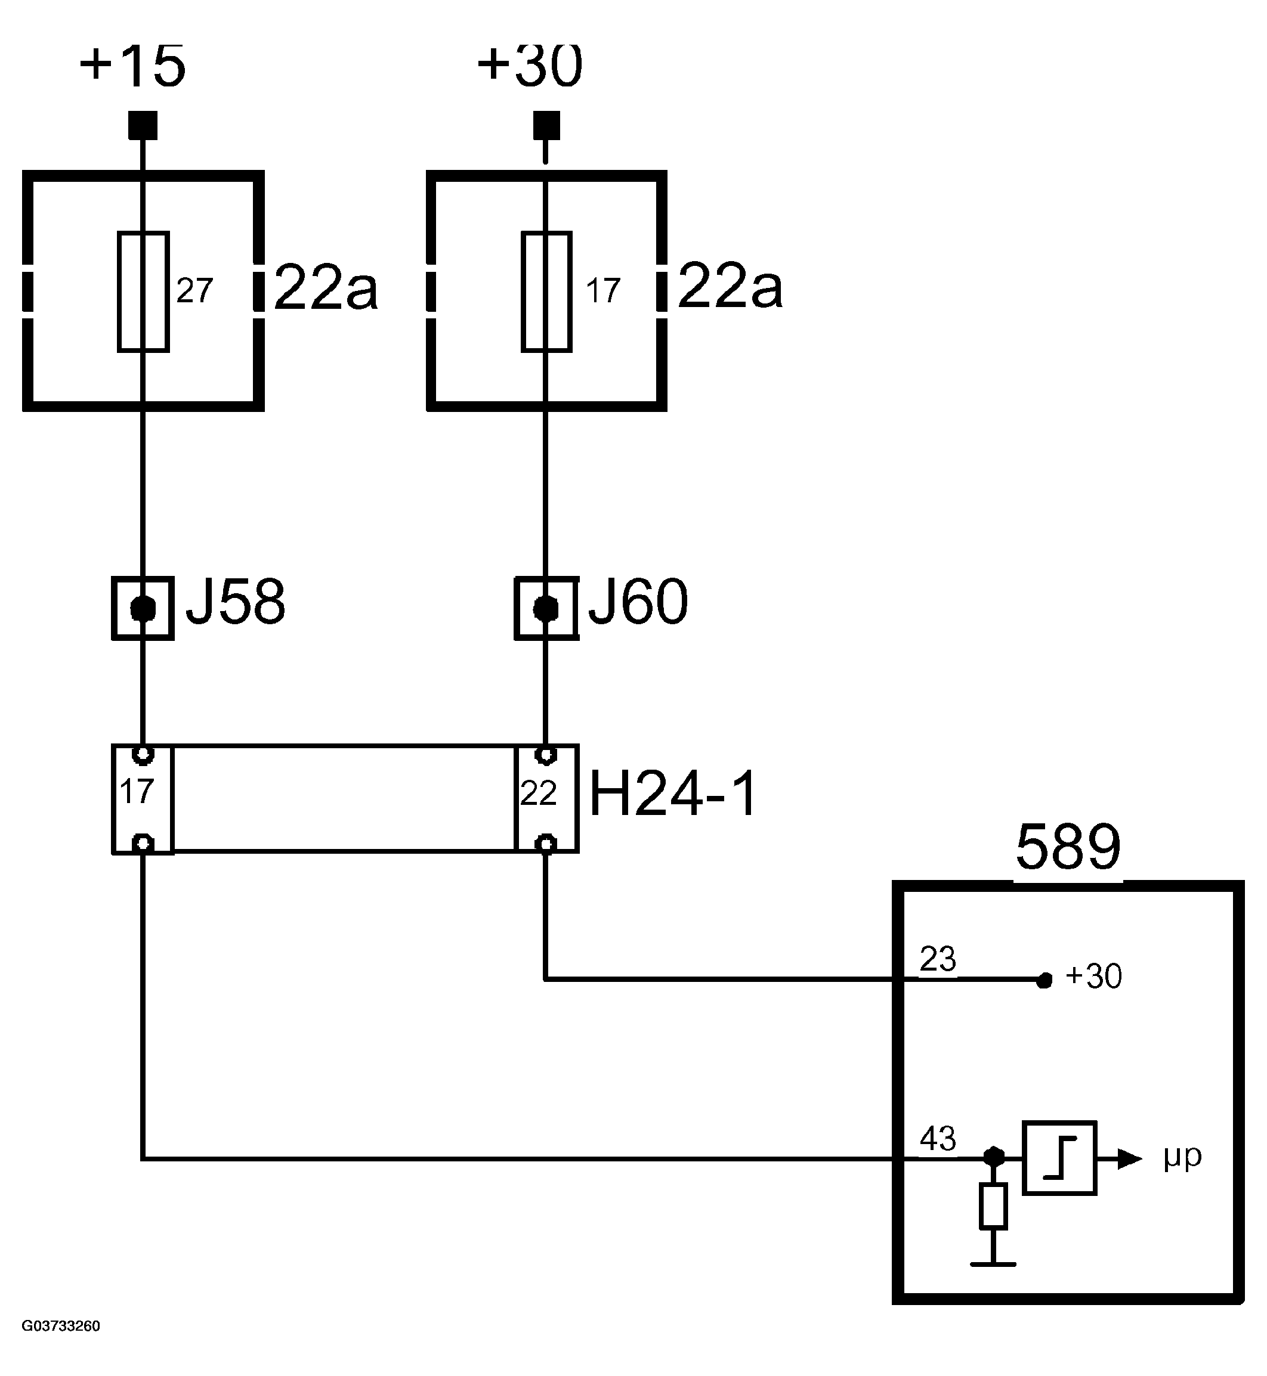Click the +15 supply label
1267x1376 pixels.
pyautogui.click(x=132, y=66)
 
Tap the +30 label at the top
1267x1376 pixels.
pyautogui.click(x=530, y=66)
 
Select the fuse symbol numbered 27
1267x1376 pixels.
pyautogui.click(x=143, y=292)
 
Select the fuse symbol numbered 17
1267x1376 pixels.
pyautogui.click(x=546, y=292)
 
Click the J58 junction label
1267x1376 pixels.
pyautogui.click(x=235, y=602)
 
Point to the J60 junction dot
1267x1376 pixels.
pyautogui.click(x=546, y=609)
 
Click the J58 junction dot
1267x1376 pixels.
pyautogui.click(x=143, y=609)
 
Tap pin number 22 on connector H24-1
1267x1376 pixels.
pyautogui.click(x=538, y=794)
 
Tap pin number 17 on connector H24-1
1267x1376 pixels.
pyautogui.click(x=136, y=792)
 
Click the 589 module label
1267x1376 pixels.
pyautogui.click(x=1068, y=848)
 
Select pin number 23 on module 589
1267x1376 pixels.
pyautogui.click(x=937, y=959)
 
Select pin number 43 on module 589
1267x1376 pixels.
pyautogui.click(x=937, y=1139)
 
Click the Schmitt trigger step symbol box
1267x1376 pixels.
pyautogui.click(x=1059, y=1158)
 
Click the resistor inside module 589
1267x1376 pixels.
pyautogui.click(x=993, y=1205)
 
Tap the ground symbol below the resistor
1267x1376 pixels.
pyautogui.click(x=993, y=1263)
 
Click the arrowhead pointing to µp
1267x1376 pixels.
pyautogui.click(x=1130, y=1159)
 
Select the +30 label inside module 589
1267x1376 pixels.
pyautogui.click(x=1093, y=977)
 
